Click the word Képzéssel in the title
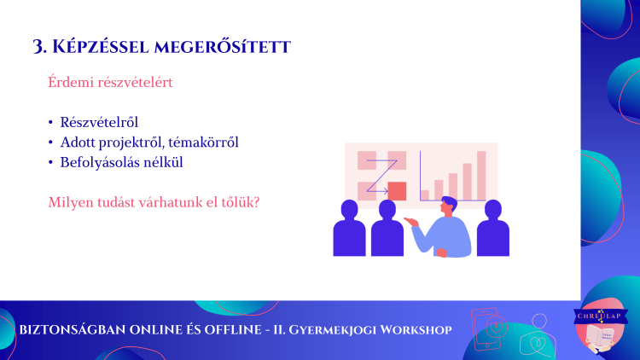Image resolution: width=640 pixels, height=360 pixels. click(101, 47)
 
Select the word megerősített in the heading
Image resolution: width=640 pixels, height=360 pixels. click(223, 47)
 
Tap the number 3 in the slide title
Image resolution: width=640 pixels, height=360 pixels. click(38, 47)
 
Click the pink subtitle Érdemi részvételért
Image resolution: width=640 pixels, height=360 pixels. click(110, 82)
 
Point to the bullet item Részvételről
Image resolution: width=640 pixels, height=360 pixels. click(99, 122)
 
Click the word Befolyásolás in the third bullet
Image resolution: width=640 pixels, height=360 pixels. click(98, 162)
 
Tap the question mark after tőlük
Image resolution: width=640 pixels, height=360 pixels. click(256, 202)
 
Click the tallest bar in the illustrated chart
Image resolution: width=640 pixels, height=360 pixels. click(481, 176)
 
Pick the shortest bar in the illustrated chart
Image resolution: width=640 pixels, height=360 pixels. click(425, 195)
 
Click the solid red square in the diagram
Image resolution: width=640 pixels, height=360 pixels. click(397, 191)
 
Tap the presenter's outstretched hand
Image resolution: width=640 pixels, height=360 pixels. click(411, 222)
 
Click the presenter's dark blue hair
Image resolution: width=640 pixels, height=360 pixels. click(450, 202)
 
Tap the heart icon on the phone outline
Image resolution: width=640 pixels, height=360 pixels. click(497, 328)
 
